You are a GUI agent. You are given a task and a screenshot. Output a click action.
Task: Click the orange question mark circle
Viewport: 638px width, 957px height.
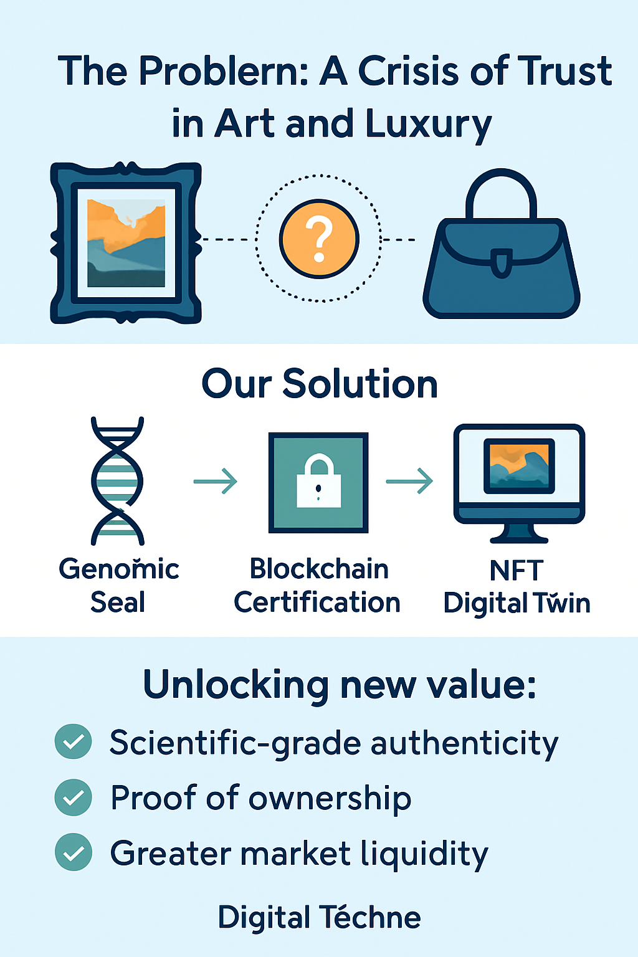point(319,239)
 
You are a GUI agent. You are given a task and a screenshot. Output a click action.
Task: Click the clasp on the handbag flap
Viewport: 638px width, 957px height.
point(502,262)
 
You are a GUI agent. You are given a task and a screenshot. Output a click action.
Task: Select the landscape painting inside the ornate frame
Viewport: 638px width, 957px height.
point(126,243)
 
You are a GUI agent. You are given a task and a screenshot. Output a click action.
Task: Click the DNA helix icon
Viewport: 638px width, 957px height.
point(118,481)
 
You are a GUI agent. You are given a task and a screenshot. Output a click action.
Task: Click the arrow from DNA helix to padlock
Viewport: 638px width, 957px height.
point(216,482)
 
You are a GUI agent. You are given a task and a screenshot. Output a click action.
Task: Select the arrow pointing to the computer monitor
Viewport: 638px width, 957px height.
point(409,481)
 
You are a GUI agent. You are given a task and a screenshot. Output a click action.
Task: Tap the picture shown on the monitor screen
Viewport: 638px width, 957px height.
point(519,465)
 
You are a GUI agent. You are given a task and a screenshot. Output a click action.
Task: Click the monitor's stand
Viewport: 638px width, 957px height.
point(519,533)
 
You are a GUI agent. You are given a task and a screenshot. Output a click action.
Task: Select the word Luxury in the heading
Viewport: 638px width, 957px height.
point(429,125)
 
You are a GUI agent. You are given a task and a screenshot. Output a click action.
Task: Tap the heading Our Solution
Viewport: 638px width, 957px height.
point(320,383)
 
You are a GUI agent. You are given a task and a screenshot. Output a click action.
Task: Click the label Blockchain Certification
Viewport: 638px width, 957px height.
point(317,585)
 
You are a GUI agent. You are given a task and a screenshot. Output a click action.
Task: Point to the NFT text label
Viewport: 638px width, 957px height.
point(517,570)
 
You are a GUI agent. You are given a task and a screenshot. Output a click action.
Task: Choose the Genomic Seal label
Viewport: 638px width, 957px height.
point(118,585)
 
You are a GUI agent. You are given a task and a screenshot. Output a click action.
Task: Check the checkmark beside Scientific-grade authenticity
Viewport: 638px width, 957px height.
point(73,741)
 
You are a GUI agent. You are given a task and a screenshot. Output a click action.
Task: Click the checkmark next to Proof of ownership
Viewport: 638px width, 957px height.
point(73,797)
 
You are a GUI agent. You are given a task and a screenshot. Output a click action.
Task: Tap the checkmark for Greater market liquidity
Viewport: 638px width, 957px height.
point(73,852)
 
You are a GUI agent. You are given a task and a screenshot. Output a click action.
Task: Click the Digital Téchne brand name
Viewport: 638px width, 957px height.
point(319,917)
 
